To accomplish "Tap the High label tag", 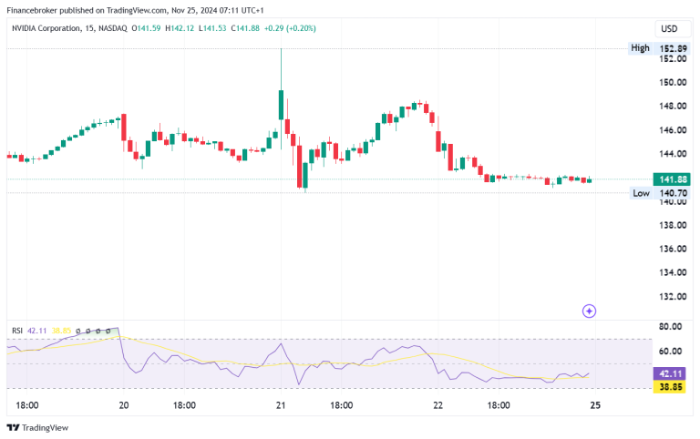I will click(640, 47).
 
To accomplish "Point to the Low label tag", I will click(641, 193).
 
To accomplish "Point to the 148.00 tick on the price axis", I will click(672, 106).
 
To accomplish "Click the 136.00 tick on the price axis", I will click(672, 249).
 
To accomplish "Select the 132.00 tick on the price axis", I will click(672, 296).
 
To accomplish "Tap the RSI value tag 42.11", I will click(672, 373).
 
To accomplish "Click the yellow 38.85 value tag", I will click(672, 386).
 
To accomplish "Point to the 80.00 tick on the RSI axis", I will click(672, 327).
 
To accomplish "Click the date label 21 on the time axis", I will click(282, 405).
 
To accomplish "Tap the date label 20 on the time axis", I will click(124, 405).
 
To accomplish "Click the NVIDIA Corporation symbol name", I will click(53, 28).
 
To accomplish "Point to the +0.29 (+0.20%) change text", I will click(290, 28).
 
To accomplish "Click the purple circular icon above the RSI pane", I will click(589, 311).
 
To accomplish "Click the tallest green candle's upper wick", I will click(281, 68).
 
